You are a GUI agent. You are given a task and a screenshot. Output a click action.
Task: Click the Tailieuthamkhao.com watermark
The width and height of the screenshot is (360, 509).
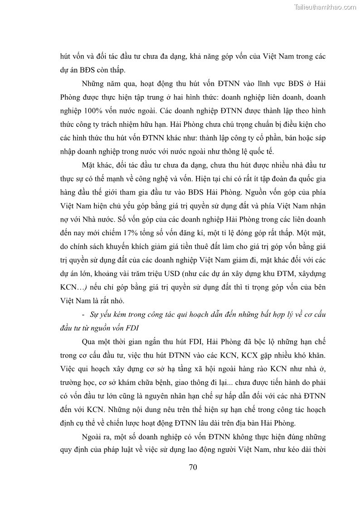(325, 7)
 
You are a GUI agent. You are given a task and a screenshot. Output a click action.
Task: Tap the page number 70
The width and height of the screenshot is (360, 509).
(193, 468)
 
